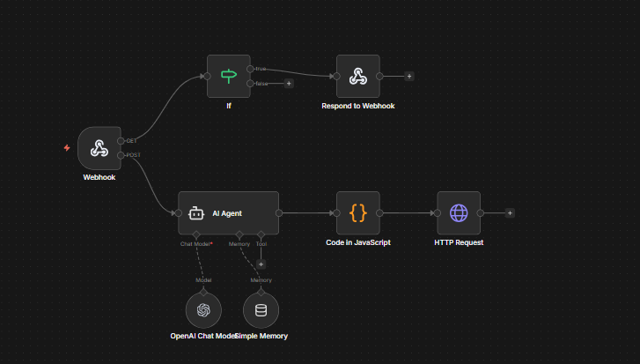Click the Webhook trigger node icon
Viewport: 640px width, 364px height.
[99, 148]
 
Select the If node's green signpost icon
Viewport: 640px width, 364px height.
[229, 76]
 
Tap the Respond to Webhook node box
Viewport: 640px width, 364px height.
[357, 77]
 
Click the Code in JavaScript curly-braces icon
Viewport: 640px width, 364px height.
[357, 212]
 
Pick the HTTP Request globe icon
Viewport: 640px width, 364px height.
[459, 212]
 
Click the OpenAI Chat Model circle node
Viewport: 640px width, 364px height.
[203, 309]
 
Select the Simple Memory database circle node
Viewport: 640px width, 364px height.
[261, 309]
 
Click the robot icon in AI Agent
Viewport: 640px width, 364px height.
[195, 213]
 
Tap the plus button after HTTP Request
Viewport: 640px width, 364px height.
[510, 212]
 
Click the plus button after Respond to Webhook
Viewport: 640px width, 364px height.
[409, 76]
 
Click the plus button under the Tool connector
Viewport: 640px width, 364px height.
[261, 263]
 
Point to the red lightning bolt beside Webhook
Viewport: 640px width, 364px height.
[66, 147]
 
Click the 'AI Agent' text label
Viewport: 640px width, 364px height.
[227, 213]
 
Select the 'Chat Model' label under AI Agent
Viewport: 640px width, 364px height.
[195, 243]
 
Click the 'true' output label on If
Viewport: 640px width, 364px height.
[261, 69]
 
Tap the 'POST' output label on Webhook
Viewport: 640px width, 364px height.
[132, 155]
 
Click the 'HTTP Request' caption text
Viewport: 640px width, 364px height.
[459, 242]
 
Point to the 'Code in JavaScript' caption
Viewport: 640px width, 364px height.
[357, 242]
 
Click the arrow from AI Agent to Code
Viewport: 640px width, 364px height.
[308, 212]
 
